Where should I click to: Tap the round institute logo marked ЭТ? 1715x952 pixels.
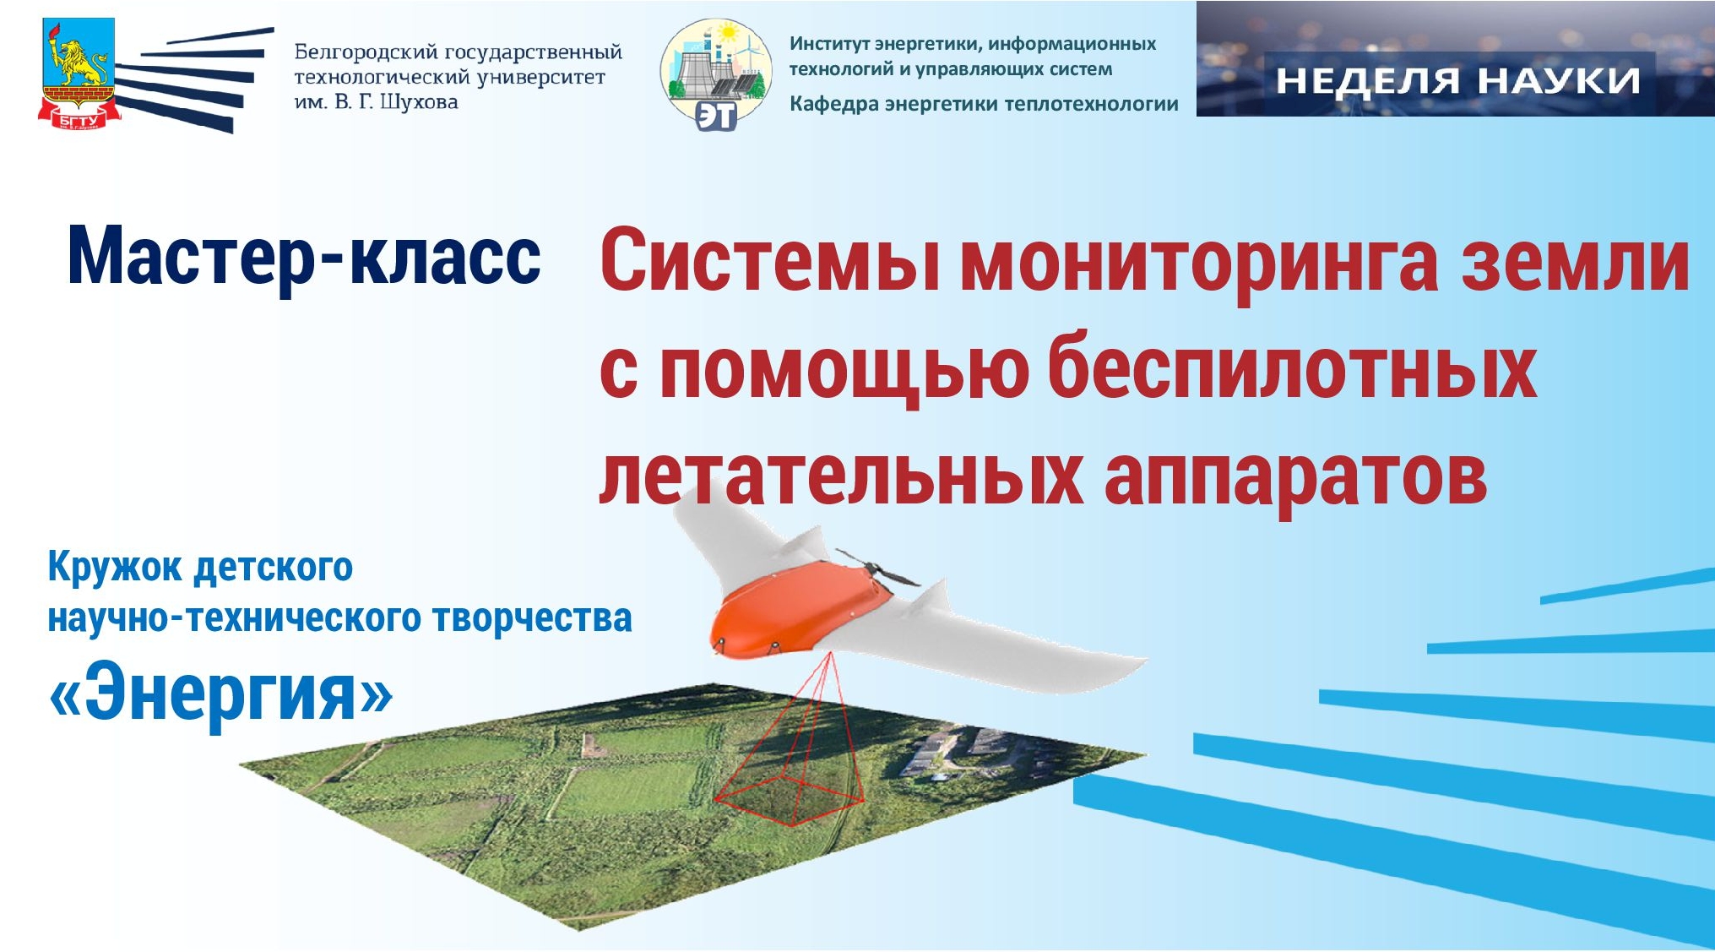click(716, 74)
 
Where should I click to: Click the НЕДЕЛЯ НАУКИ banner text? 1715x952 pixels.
click(1457, 81)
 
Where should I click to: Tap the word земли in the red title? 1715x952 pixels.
click(1576, 262)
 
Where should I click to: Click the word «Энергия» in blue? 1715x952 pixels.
click(221, 694)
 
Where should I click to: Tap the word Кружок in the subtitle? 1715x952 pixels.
click(116, 568)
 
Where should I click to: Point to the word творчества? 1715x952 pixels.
click(532, 618)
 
